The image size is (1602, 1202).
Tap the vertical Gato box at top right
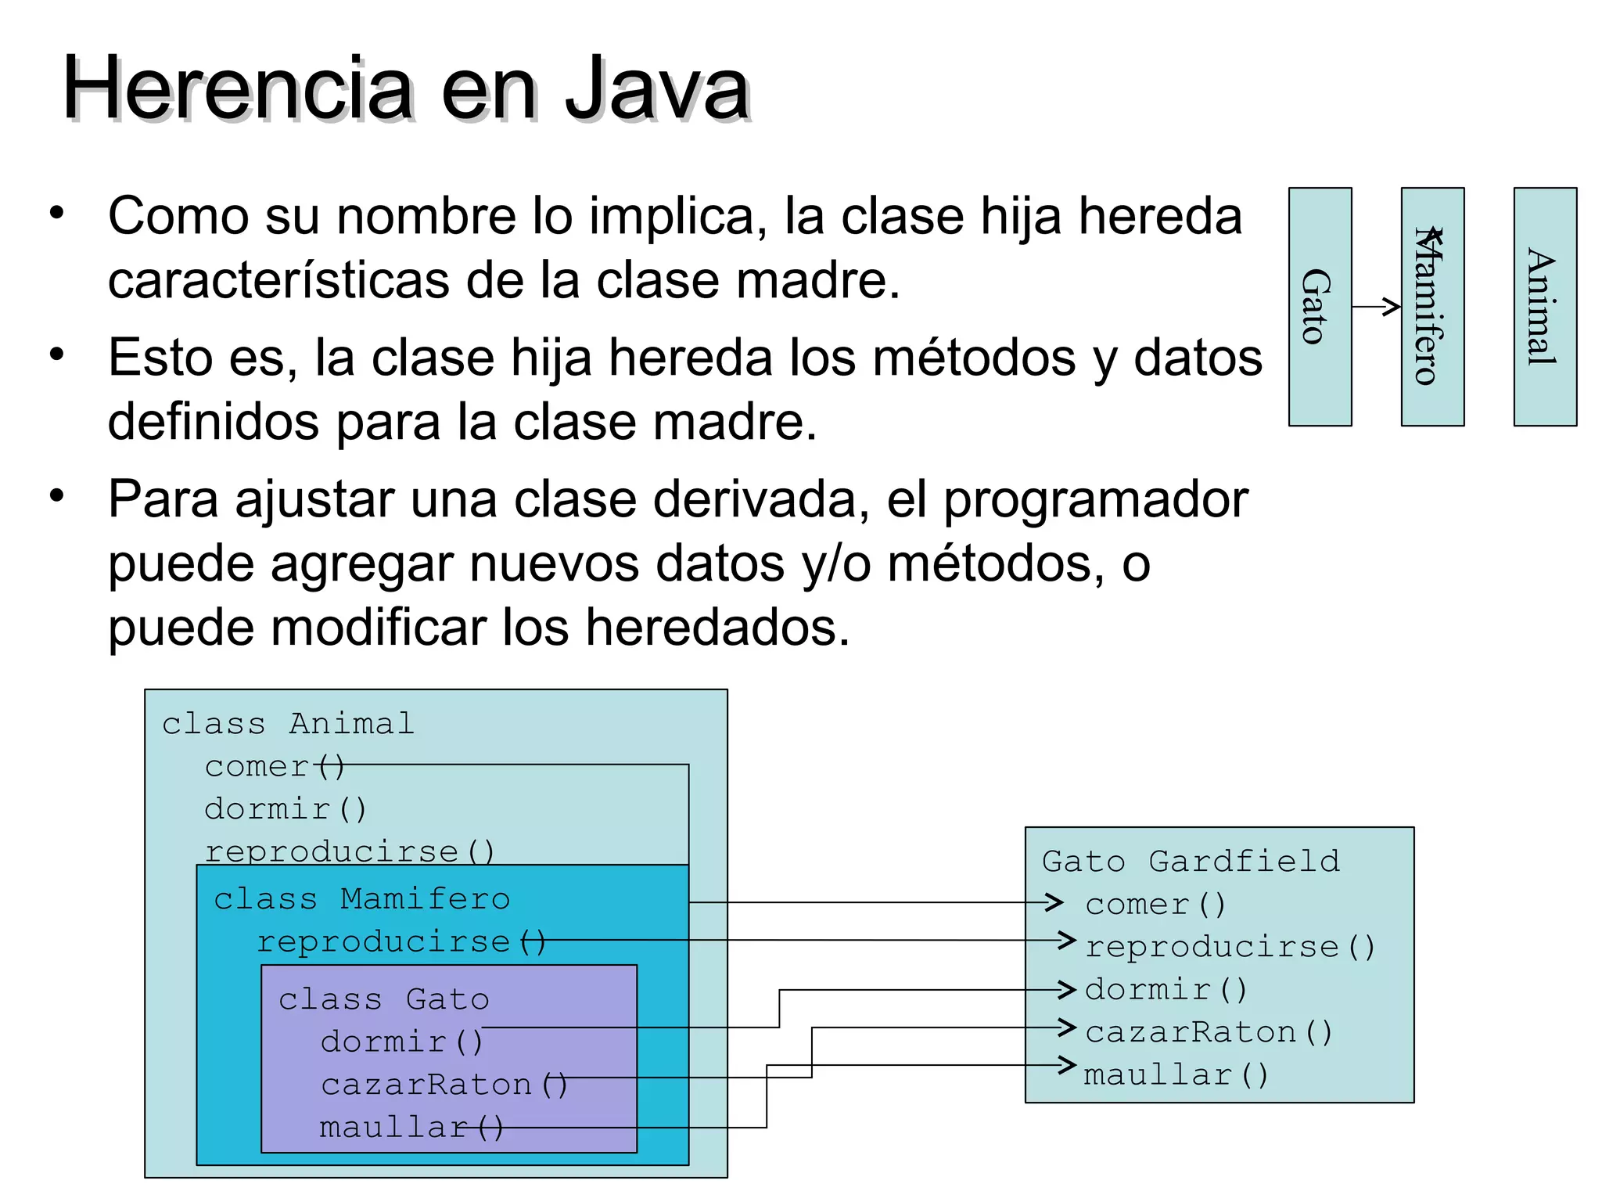tap(1320, 306)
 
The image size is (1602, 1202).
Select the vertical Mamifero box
tap(1431, 306)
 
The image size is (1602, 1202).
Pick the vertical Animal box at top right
tap(1544, 306)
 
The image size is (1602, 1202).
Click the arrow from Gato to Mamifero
tap(1376, 307)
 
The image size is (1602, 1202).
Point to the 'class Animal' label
tap(288, 724)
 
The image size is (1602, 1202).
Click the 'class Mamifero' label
tap(361, 899)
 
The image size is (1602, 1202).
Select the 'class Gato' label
tap(383, 999)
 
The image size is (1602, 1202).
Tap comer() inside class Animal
tap(274, 767)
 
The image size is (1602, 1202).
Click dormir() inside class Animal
tap(285, 809)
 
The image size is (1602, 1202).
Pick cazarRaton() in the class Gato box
tap(444, 1085)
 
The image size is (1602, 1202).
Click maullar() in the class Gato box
tap(411, 1128)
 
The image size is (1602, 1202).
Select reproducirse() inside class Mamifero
tap(400, 942)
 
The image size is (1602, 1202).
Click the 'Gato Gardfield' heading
tap(1191, 862)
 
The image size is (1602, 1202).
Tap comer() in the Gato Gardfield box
tap(1155, 905)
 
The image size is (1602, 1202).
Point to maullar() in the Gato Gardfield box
tap(1176, 1075)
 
